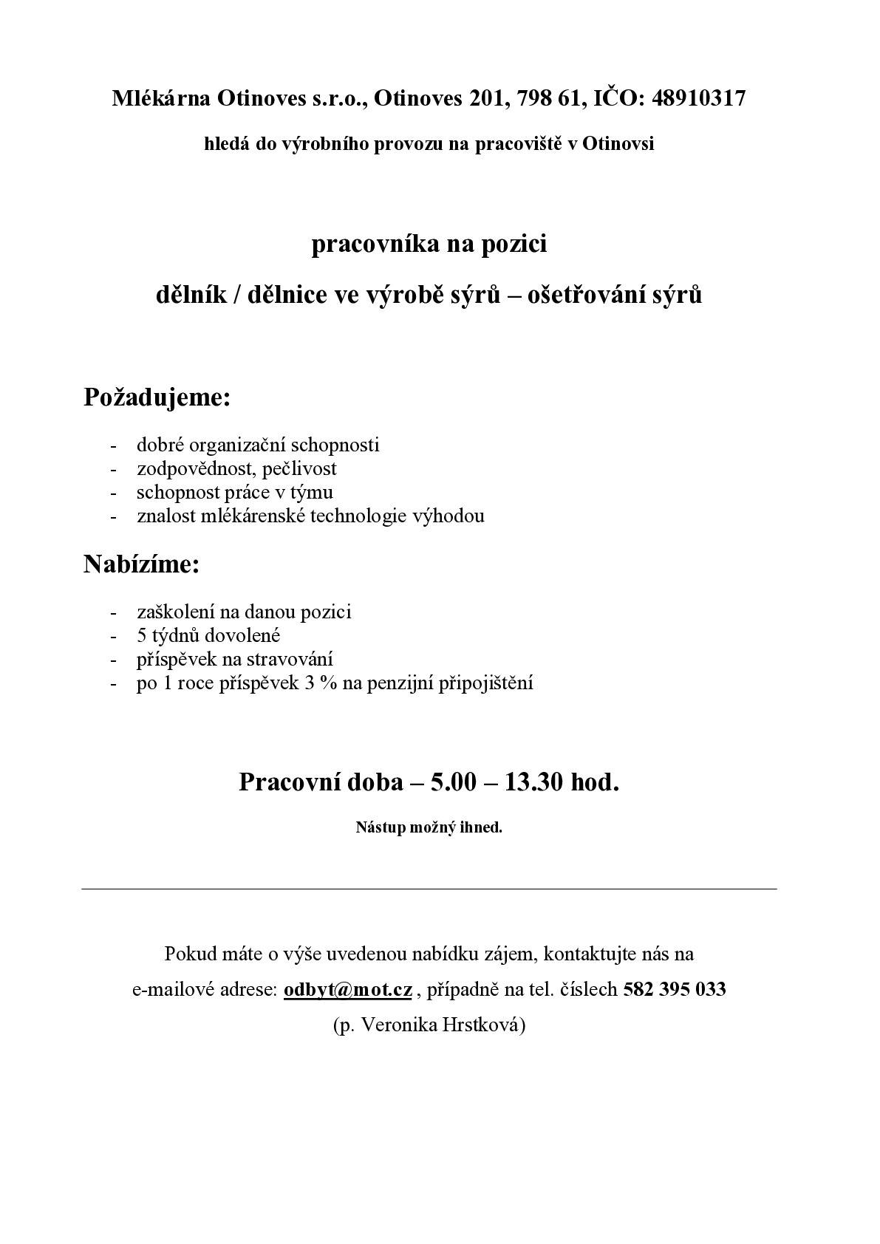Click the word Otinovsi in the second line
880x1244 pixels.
click(618, 144)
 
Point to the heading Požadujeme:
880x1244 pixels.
click(157, 397)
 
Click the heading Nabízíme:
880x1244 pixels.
click(142, 564)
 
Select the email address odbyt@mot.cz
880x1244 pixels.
click(347, 990)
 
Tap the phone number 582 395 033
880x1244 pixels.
click(675, 990)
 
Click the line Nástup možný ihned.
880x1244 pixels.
click(429, 827)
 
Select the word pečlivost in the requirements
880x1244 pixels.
click(304, 468)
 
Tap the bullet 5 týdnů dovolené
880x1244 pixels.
click(208, 635)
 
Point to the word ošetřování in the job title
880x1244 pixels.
click(587, 295)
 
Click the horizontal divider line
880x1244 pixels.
click(429, 889)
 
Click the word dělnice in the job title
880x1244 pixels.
click(290, 295)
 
